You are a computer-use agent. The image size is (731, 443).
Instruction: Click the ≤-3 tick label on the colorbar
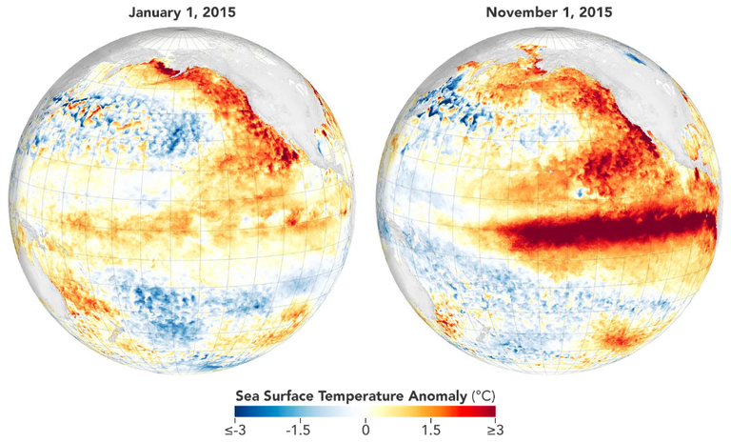pos(234,431)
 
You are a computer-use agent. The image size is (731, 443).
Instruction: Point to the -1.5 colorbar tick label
pos(298,431)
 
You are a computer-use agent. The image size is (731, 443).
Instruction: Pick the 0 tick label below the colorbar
pos(365,431)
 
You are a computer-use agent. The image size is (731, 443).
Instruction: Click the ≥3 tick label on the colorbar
pos(497,431)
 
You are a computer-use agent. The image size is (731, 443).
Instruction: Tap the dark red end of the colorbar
pos(491,413)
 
